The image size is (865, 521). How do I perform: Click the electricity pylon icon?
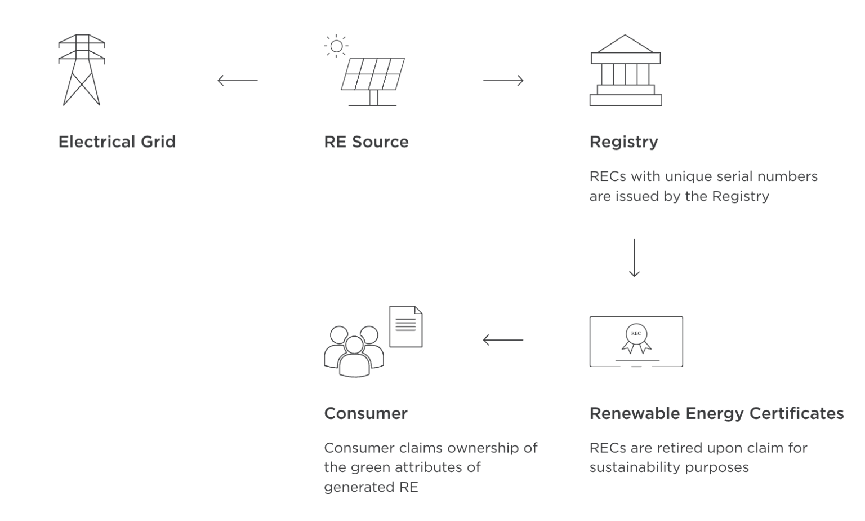coord(82,70)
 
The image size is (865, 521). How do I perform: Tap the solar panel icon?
coord(373,76)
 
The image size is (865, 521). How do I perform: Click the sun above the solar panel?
coord(336,46)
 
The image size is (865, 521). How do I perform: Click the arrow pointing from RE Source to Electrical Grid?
coord(237,81)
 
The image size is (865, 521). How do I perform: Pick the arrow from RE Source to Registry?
coord(503,81)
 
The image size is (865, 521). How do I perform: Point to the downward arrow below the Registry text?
coord(634,258)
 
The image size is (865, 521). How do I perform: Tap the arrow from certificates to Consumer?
coord(503,340)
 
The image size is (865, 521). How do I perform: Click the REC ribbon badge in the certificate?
coord(636,338)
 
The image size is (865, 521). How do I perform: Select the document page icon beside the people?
coord(405,326)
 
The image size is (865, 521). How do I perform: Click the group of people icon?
coord(354,351)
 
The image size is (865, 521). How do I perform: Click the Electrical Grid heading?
coord(117,142)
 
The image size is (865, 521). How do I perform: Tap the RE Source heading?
coord(366,142)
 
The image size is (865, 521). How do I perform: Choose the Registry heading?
coord(623,142)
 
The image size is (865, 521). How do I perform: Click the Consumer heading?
coord(365,413)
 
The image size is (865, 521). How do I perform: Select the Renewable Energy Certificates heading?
coord(716,413)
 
